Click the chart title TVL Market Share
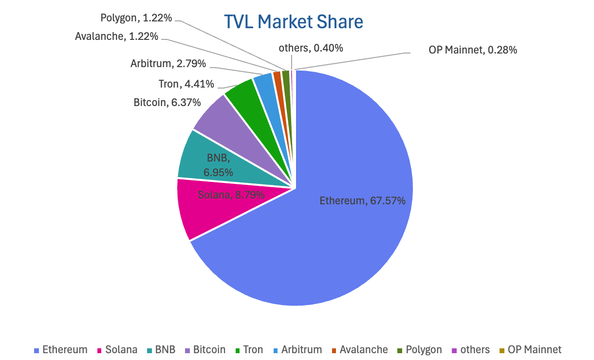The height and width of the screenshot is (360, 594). (293, 22)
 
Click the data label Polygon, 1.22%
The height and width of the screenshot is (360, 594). (136, 18)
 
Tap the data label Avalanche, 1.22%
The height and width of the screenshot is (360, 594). (117, 36)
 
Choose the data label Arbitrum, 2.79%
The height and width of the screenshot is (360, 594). (168, 63)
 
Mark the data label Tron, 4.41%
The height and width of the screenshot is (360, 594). (186, 84)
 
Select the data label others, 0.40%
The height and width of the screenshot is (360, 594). (311, 48)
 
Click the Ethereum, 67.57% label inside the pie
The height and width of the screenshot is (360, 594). (362, 200)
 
